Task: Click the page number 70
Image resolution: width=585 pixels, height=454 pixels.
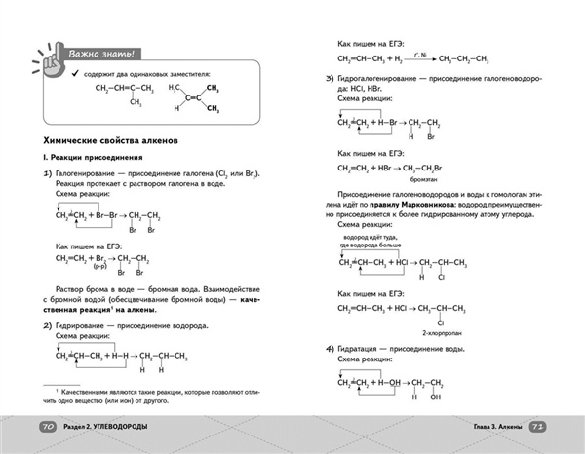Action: (47, 428)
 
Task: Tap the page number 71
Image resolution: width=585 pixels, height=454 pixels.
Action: (538, 428)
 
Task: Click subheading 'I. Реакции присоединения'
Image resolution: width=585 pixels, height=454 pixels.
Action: (92, 157)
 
